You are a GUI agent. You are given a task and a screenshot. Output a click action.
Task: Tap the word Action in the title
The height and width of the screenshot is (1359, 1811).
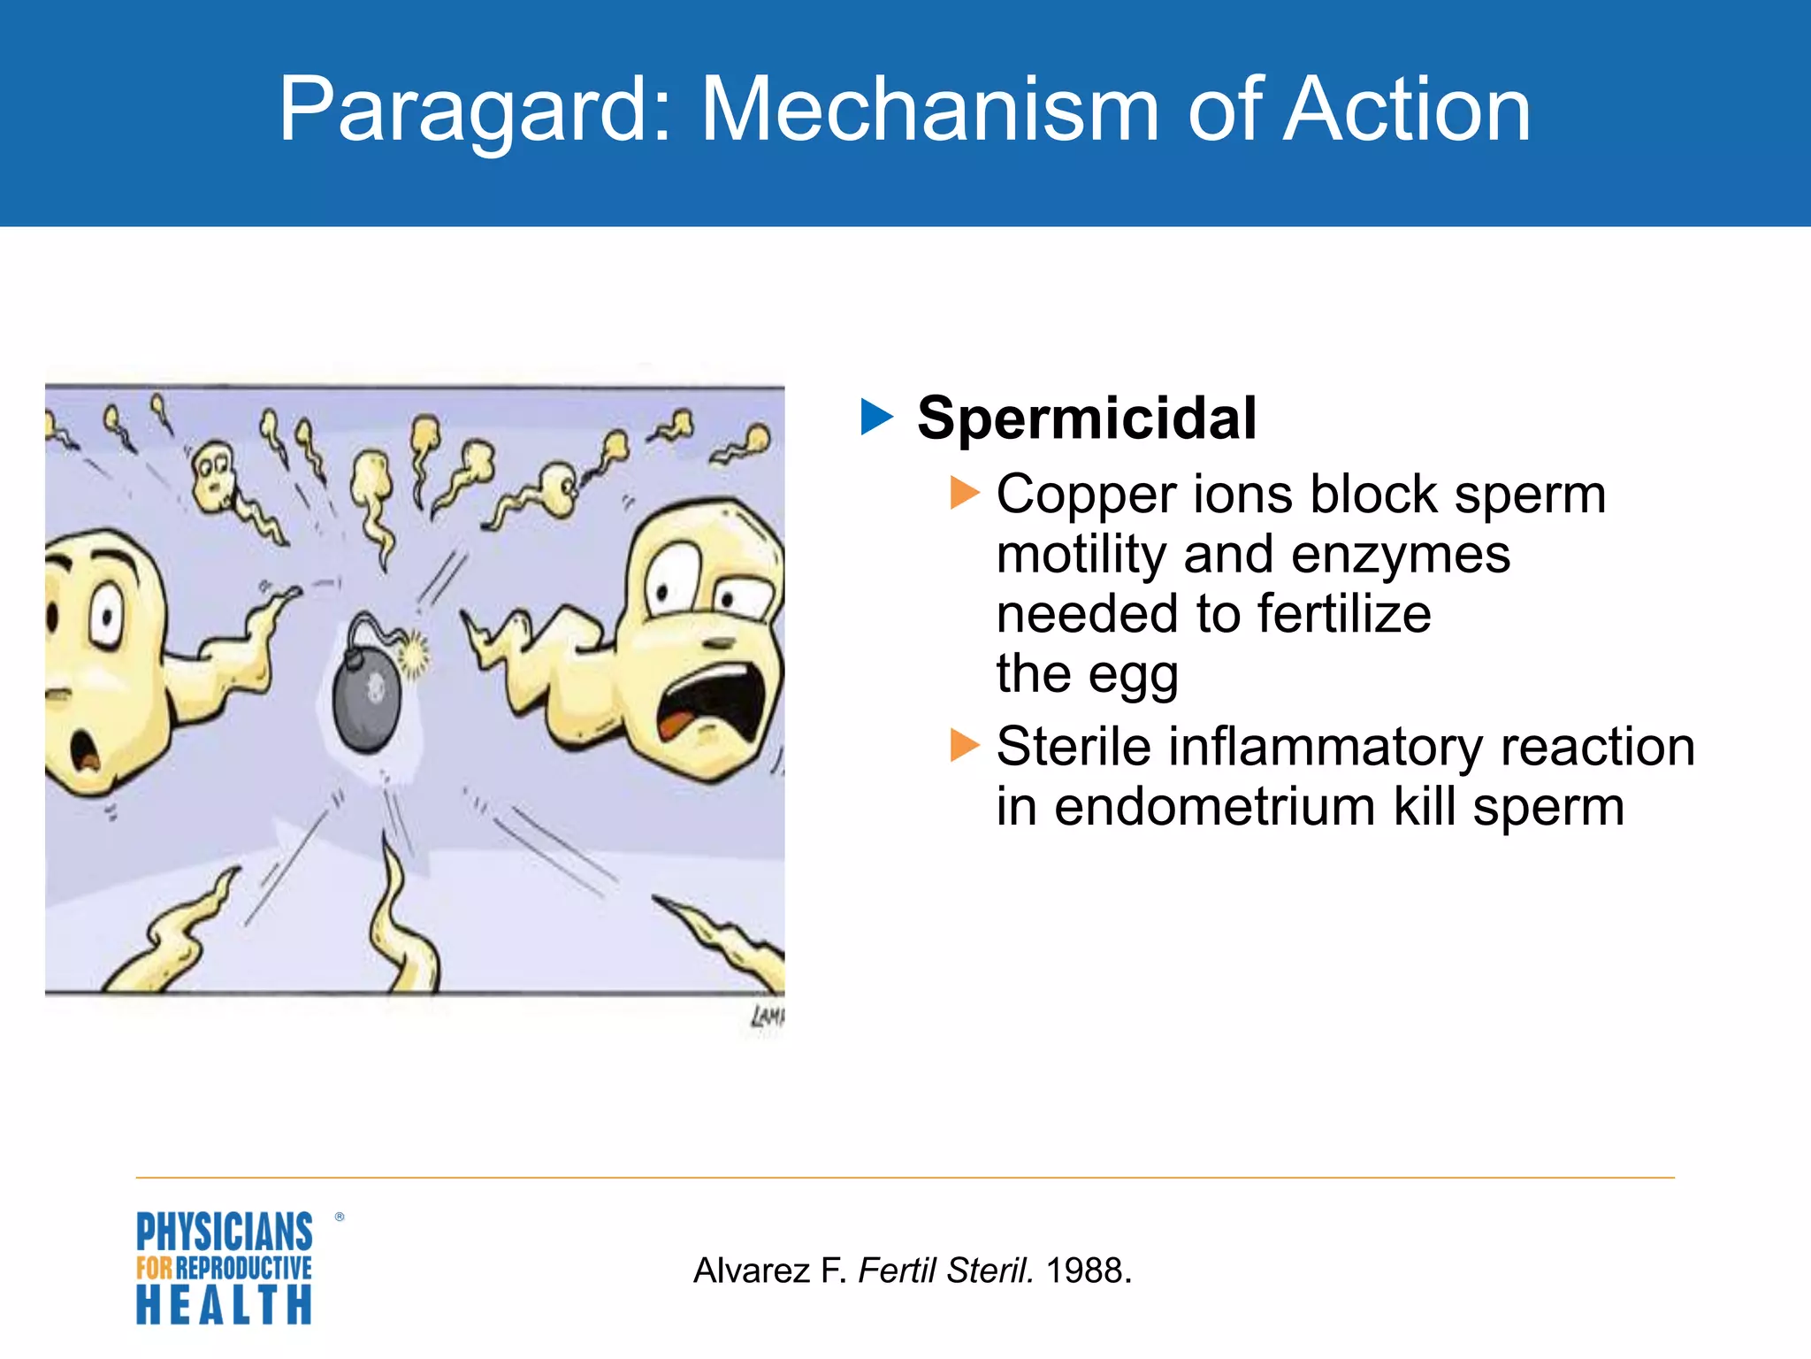1406,110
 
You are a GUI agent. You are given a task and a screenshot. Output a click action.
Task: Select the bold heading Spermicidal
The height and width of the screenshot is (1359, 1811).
1086,418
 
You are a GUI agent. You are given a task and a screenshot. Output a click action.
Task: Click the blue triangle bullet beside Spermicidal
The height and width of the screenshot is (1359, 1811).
876,417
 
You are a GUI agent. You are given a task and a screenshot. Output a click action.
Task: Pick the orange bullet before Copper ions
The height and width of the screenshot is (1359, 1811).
964,493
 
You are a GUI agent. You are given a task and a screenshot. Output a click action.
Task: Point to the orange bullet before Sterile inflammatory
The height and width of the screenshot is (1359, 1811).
964,745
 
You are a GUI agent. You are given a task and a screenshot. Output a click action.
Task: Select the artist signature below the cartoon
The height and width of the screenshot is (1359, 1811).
768,1017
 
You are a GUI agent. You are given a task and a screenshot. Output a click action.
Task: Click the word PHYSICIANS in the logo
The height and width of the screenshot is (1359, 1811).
224,1232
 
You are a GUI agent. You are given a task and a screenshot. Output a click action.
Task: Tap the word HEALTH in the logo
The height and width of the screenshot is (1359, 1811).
224,1305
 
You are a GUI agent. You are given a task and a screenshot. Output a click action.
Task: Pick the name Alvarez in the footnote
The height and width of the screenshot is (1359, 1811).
751,1271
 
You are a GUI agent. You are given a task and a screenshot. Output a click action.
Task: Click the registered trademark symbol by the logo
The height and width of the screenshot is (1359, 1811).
340,1217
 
